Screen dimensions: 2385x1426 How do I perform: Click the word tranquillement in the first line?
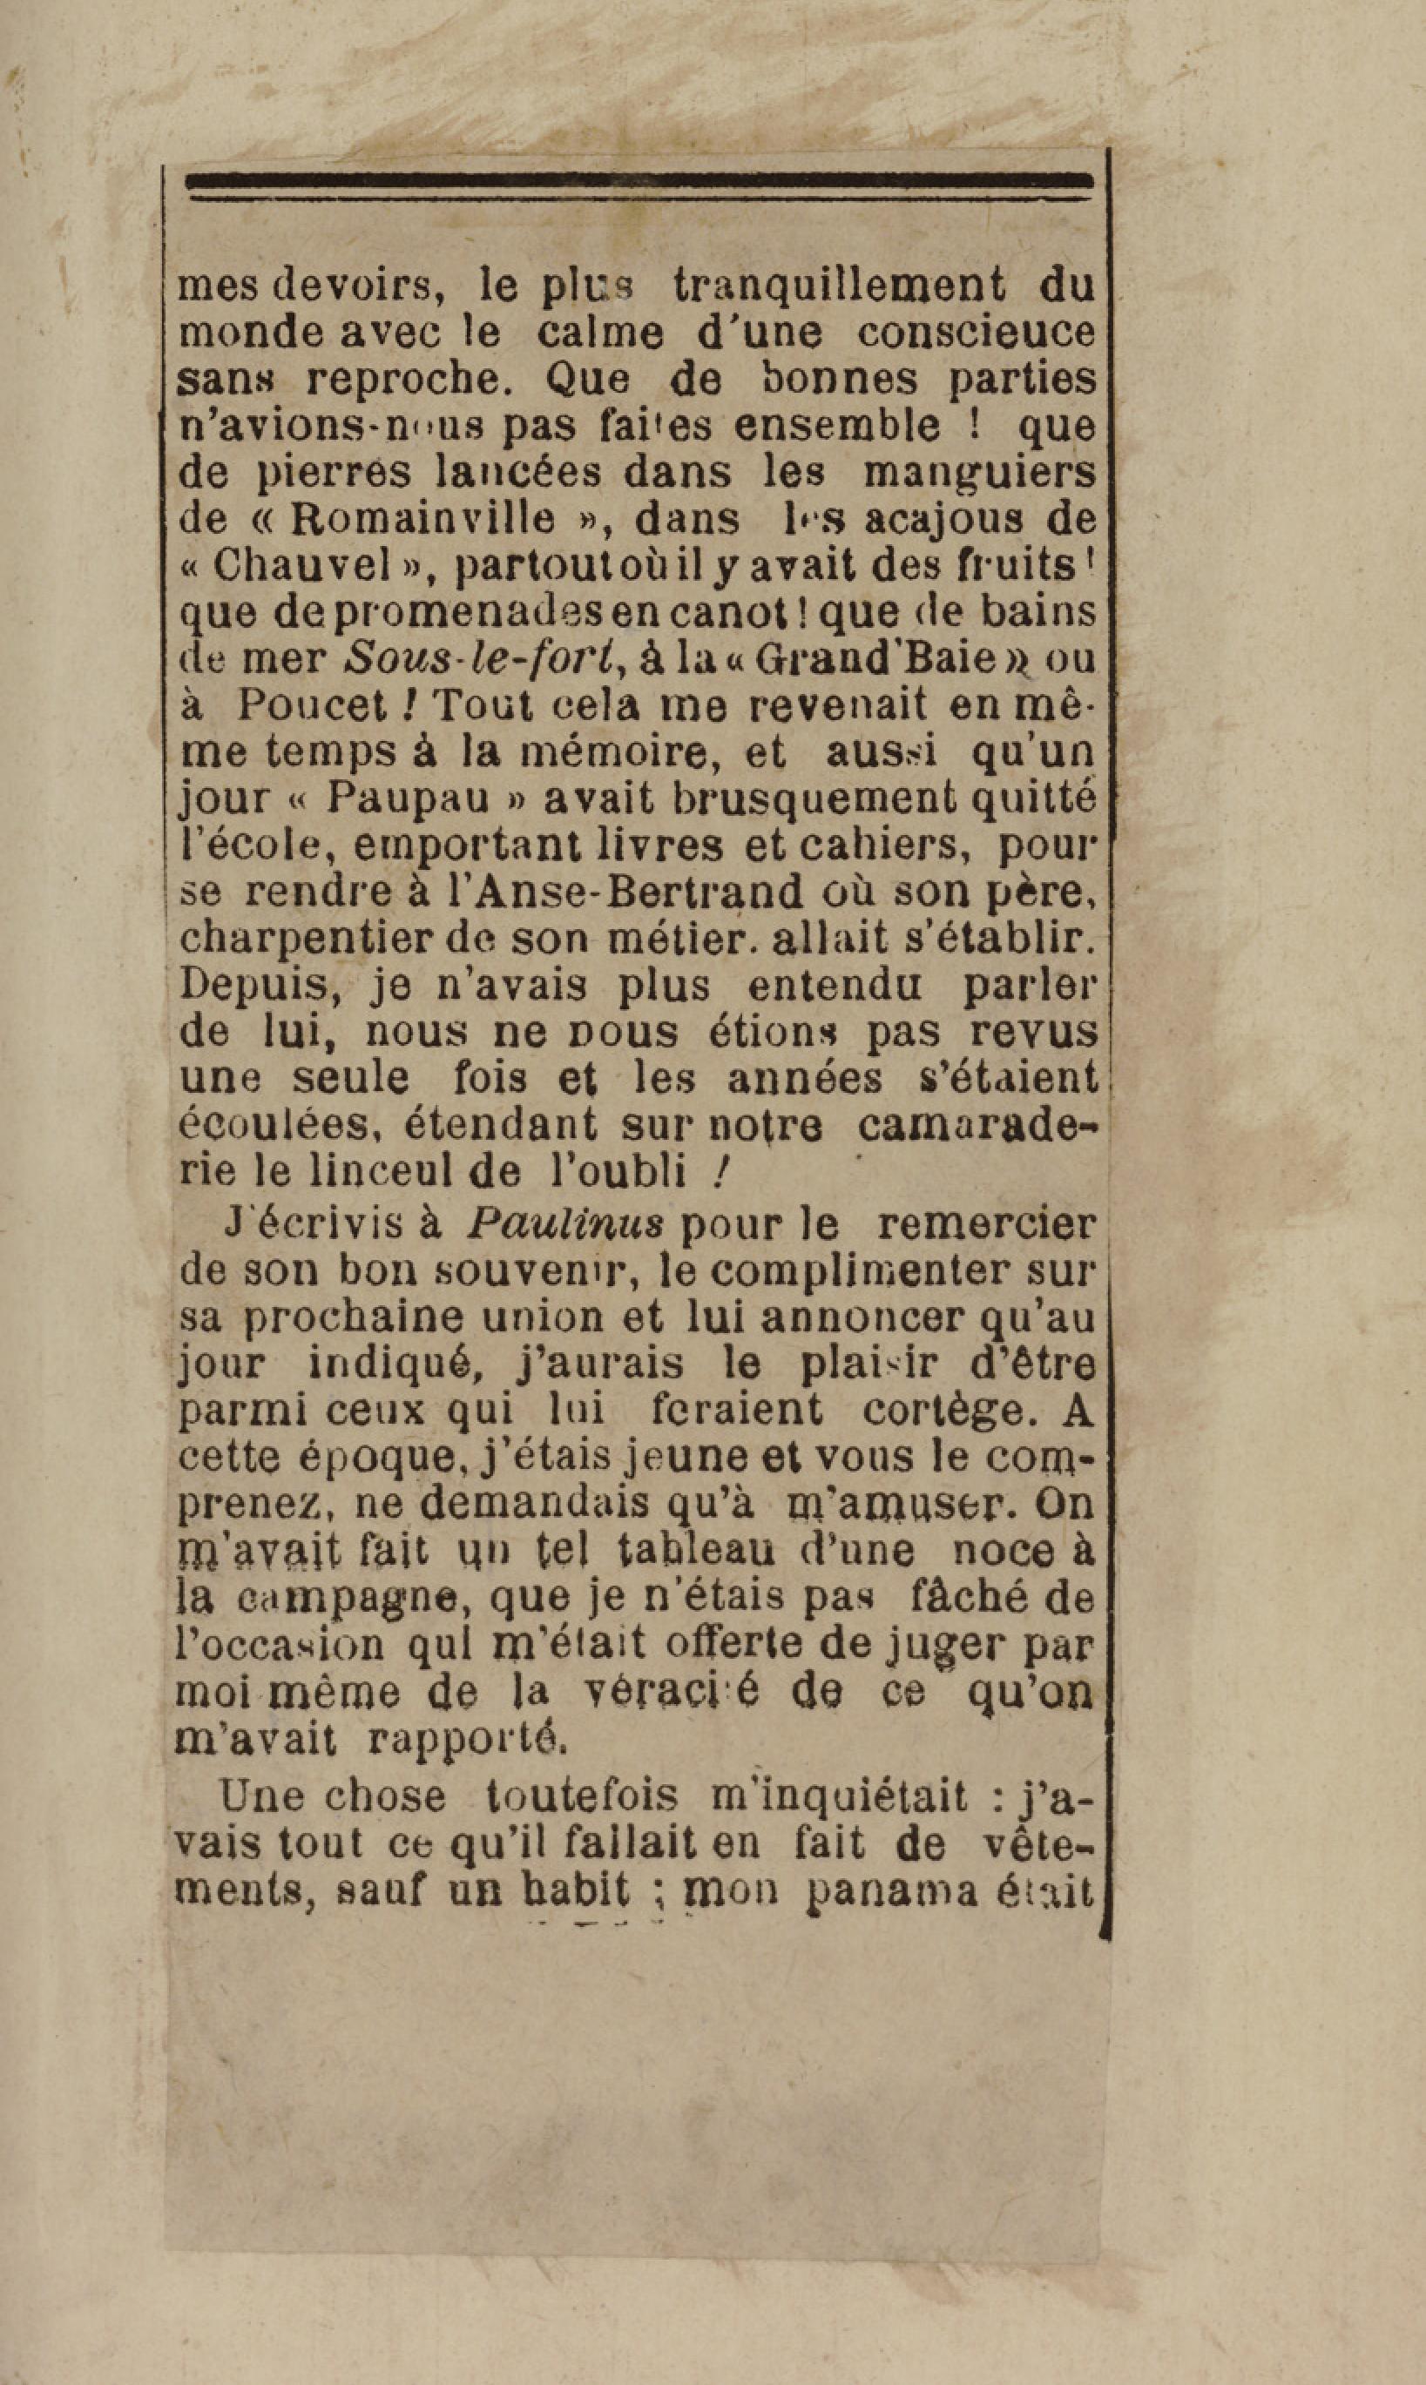point(839,286)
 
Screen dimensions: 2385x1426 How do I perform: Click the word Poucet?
point(314,706)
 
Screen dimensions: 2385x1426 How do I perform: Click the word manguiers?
point(978,473)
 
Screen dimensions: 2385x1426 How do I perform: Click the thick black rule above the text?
point(639,179)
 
